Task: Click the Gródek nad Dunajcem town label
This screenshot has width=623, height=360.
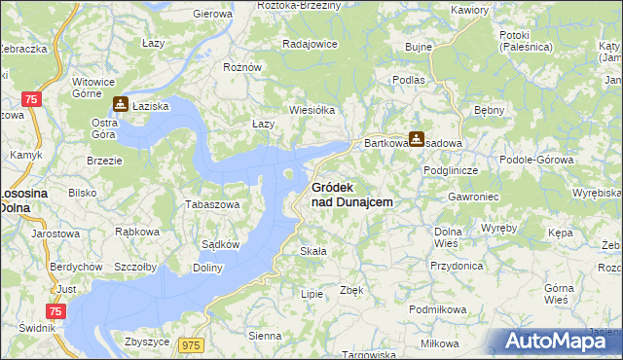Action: pos(351,195)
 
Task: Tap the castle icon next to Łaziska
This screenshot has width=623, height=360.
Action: pos(121,104)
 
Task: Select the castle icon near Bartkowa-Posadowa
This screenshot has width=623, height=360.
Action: pos(417,139)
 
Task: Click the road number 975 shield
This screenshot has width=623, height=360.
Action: pos(190,344)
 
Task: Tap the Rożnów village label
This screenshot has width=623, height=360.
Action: pos(242,67)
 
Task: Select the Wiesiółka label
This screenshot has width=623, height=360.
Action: pos(311,110)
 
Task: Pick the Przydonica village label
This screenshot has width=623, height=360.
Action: pos(457,265)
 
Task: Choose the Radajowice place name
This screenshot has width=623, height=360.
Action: pos(309,45)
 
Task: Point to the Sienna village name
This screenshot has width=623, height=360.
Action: pos(265,336)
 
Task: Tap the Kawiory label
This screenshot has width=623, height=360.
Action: pos(469,10)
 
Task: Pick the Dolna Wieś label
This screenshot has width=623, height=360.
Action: pos(448,237)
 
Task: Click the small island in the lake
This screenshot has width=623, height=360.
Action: pos(289,175)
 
